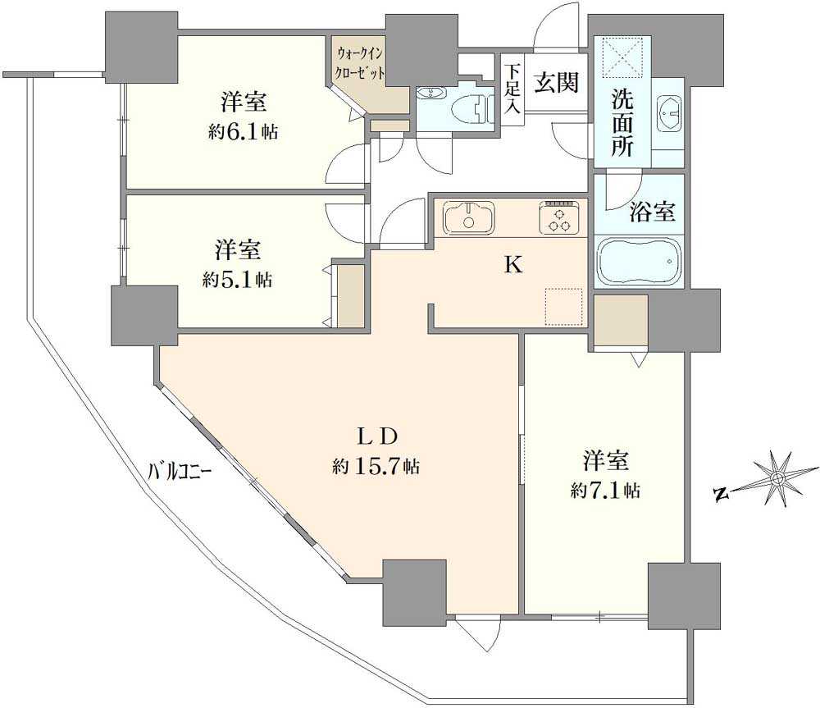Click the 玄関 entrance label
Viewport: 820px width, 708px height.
pyautogui.click(x=558, y=82)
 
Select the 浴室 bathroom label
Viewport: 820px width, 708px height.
pyautogui.click(x=653, y=212)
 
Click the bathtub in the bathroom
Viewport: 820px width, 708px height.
pyautogui.click(x=639, y=262)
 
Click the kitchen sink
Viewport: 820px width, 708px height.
pyautogui.click(x=469, y=218)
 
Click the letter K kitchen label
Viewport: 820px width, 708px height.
pyautogui.click(x=512, y=264)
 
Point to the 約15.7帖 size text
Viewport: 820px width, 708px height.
pyautogui.click(x=376, y=466)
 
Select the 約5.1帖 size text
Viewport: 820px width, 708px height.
pyautogui.click(x=238, y=279)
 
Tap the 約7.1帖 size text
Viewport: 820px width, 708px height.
pyautogui.click(x=606, y=491)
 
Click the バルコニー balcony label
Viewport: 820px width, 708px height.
pyautogui.click(x=180, y=473)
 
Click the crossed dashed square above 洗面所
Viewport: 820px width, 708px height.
pyautogui.click(x=621, y=56)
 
